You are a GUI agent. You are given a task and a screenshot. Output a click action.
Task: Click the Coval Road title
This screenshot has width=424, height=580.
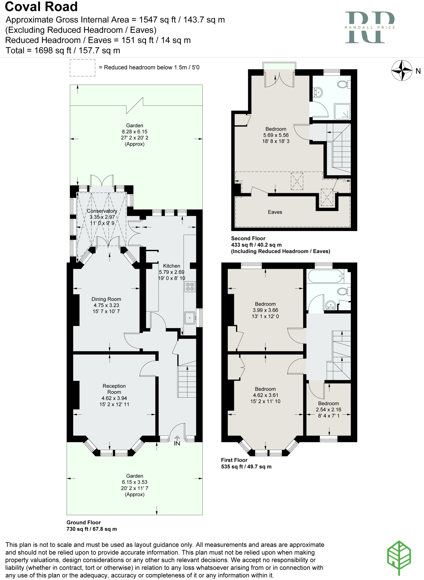tap(41, 7)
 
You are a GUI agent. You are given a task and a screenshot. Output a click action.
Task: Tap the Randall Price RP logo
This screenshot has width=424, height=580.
tap(370, 27)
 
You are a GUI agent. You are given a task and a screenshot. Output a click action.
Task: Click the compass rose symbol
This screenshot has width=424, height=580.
tap(402, 71)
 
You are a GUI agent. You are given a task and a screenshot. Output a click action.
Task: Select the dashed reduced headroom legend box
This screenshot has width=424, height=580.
tap(82, 68)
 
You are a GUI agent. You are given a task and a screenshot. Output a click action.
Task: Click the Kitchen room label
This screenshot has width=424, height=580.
tap(172, 266)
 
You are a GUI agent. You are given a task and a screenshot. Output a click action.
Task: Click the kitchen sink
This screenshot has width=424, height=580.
tap(190, 318)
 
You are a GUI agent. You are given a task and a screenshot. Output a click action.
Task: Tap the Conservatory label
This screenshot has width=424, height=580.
tap(102, 211)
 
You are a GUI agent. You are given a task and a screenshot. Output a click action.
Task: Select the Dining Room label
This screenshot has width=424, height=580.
tap(106, 299)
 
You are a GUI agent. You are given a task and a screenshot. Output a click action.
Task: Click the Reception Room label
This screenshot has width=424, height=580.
tap(114, 389)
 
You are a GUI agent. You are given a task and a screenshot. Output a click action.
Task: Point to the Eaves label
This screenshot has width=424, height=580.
tap(275, 212)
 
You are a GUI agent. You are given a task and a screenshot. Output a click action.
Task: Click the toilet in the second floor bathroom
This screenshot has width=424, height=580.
tap(343, 84)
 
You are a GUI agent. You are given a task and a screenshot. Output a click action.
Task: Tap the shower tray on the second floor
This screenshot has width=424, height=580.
tap(342, 112)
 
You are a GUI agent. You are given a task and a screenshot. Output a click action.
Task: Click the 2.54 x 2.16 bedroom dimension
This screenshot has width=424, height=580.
tap(328, 410)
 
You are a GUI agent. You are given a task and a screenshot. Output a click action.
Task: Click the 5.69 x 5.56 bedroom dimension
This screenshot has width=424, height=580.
tap(276, 135)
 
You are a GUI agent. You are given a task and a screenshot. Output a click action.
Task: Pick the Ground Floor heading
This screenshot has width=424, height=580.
tap(84, 523)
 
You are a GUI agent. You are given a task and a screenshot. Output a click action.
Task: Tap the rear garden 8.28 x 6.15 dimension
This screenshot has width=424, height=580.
tap(134, 132)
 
